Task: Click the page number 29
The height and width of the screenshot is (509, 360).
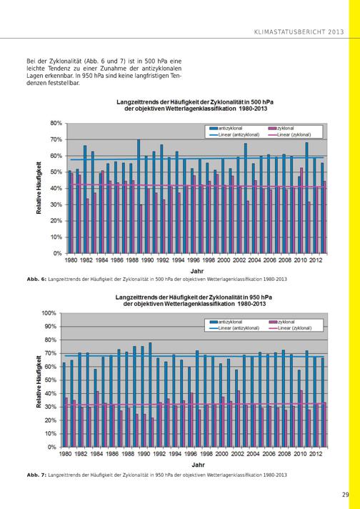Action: (345, 495)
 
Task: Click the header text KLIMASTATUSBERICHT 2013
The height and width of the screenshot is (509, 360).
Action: (299, 31)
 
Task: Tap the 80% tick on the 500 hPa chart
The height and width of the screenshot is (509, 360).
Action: (56, 123)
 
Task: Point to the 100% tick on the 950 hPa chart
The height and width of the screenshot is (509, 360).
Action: (49, 313)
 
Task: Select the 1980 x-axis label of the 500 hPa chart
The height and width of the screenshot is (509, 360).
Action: (71, 260)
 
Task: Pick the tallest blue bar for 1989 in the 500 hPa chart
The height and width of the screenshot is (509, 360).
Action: (139, 197)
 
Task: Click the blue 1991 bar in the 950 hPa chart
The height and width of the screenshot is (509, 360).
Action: (150, 395)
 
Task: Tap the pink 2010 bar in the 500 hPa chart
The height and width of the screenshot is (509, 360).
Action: (301, 210)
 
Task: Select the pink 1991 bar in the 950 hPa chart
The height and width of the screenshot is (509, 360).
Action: (153, 433)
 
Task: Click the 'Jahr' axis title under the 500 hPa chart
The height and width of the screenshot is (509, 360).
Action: (197, 271)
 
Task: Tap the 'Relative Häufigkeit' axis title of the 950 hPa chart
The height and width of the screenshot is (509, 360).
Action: (39, 382)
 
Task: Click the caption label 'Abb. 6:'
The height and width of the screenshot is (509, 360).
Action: (36, 280)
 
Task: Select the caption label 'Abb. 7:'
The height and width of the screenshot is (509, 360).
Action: (36, 475)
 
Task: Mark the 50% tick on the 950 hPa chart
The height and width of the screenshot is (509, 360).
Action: (50, 380)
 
